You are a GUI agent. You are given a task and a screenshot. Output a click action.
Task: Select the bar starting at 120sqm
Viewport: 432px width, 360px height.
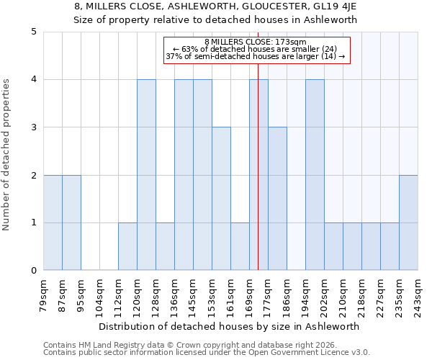point(146,175)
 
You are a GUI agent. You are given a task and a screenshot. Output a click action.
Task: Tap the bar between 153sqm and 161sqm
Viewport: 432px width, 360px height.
point(221,199)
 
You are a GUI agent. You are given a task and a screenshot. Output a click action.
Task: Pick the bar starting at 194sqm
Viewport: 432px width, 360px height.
point(315,175)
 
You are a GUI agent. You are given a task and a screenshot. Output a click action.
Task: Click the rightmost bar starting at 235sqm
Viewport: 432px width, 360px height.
point(408,222)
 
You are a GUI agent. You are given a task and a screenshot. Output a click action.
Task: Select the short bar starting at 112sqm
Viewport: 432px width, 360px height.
point(127,246)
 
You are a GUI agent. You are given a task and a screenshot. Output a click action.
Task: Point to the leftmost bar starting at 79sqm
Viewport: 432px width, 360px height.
point(53,222)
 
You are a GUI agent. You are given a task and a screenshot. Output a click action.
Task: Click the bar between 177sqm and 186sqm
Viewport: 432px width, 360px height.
point(277,199)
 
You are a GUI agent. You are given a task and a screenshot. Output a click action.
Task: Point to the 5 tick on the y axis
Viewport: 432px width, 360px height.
point(34,32)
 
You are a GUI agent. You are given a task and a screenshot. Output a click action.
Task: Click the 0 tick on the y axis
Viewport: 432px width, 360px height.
point(34,271)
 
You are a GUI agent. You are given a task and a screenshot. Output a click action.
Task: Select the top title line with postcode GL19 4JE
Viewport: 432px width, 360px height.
point(215,7)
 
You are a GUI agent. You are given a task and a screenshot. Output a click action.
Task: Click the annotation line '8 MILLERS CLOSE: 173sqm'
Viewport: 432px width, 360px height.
point(256,42)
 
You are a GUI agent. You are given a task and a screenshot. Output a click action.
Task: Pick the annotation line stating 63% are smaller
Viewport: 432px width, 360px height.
point(256,49)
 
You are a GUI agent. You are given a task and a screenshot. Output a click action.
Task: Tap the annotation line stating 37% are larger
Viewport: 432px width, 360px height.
point(256,56)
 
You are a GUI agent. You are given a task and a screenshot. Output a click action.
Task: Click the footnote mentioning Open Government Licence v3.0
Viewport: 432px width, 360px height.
point(207,353)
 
